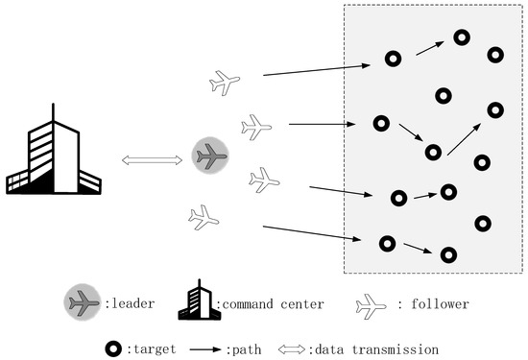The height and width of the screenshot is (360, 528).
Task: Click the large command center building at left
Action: [x=53, y=154]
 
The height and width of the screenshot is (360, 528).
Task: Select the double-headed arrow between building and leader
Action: [x=153, y=158]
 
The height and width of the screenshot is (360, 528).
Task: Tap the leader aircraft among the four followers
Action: [x=210, y=155]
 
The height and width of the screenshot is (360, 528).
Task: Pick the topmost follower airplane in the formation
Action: [x=224, y=84]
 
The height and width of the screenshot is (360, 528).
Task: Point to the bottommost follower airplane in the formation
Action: [x=204, y=218]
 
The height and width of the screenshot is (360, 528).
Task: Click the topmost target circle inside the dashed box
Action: [x=462, y=37]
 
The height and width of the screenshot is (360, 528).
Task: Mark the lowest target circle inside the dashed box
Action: [x=448, y=254]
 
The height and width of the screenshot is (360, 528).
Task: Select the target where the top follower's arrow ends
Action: [x=393, y=59]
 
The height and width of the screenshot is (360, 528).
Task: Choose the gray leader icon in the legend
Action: [x=84, y=303]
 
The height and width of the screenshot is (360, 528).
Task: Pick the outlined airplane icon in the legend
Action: [x=371, y=304]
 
